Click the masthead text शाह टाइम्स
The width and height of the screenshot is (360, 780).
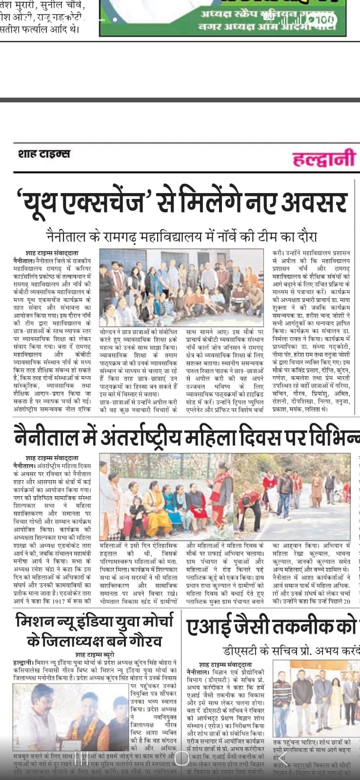pos(44,154)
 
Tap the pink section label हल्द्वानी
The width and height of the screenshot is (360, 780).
pos(324,158)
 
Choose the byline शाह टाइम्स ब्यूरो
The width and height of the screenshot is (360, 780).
pos(95,654)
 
